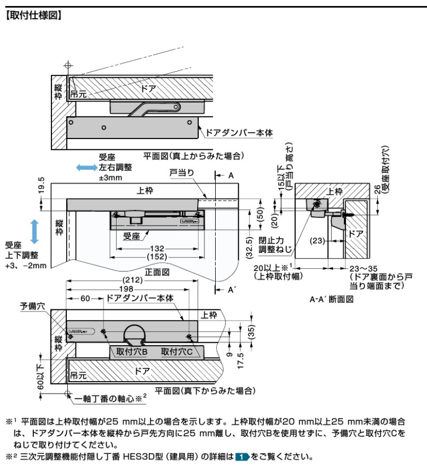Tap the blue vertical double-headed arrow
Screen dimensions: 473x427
pos(34,231)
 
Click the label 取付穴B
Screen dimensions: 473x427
pos(129,352)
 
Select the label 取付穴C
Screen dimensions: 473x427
pos(177,352)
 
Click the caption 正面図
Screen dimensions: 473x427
pos(160,272)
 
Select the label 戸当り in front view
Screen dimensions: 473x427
pos(181,173)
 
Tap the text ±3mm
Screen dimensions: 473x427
pos(110,177)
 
